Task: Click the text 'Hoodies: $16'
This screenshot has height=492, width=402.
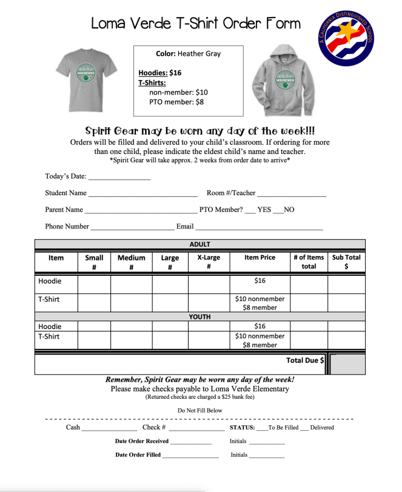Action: click(x=159, y=73)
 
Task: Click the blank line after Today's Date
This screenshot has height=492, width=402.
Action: click(x=119, y=178)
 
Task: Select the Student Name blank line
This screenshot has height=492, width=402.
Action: click(x=142, y=194)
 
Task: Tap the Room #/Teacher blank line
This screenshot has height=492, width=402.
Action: click(x=292, y=194)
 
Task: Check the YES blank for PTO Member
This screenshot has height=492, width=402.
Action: click(x=250, y=211)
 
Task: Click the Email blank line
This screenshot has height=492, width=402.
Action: click(x=259, y=228)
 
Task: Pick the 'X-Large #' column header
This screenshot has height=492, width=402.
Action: click(x=209, y=262)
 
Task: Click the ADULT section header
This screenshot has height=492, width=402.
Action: click(x=200, y=244)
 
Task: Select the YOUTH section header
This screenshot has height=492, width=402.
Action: click(x=200, y=316)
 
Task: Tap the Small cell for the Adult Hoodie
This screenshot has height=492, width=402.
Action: click(x=94, y=283)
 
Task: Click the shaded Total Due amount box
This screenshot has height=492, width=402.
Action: click(x=347, y=364)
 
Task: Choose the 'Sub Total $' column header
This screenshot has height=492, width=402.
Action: click(x=346, y=262)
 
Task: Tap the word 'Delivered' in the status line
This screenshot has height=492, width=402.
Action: click(x=322, y=427)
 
